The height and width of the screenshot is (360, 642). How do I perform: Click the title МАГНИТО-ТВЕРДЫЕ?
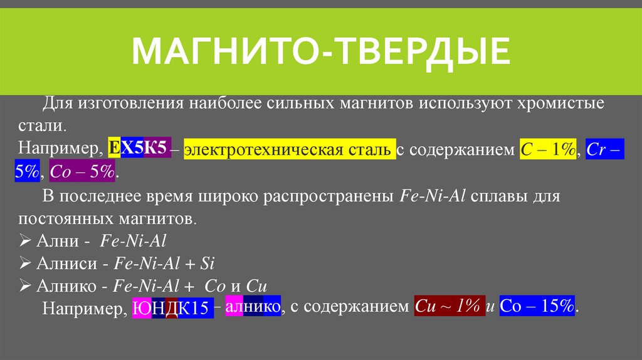pos(320,51)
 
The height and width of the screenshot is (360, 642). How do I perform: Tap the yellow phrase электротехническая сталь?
pos(289,149)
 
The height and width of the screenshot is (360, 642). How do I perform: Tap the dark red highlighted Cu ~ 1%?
pos(449,307)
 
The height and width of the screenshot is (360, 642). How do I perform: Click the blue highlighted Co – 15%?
pos(537,307)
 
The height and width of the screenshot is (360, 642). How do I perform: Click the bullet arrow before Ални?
pos(25,240)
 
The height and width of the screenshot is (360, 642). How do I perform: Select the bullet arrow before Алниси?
pos(25,263)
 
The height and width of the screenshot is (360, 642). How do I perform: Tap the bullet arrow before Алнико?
pos(25,285)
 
